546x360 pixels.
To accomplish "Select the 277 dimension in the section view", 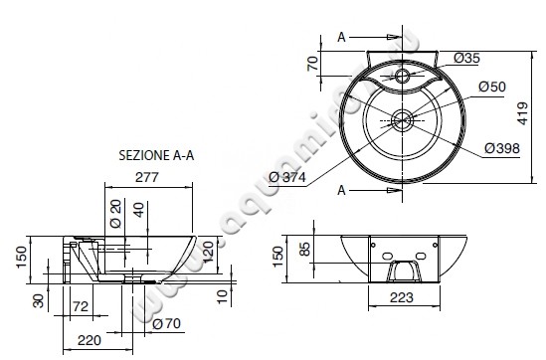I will (148, 176).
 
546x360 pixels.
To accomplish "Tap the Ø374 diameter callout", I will (287, 177).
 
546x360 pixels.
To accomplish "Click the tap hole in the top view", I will (403, 75).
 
